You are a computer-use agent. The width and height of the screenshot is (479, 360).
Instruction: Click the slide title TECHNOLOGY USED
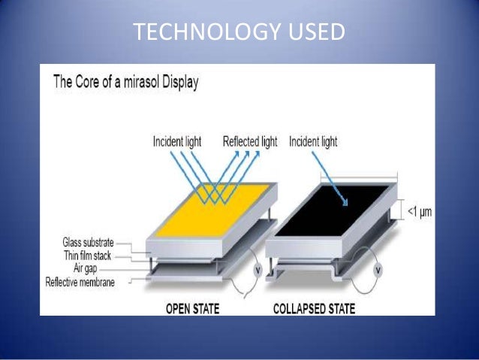239,33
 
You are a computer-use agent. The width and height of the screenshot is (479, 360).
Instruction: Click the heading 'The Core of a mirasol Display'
126,83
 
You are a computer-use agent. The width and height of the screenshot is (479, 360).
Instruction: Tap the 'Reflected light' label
250,141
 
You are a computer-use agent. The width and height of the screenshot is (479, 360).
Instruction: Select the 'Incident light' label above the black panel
313,141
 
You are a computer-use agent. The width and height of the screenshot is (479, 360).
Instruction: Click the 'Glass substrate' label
88,243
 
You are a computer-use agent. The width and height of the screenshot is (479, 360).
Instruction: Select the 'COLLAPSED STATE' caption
315,308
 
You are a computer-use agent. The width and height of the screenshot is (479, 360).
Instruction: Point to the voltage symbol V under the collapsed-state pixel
378,269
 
